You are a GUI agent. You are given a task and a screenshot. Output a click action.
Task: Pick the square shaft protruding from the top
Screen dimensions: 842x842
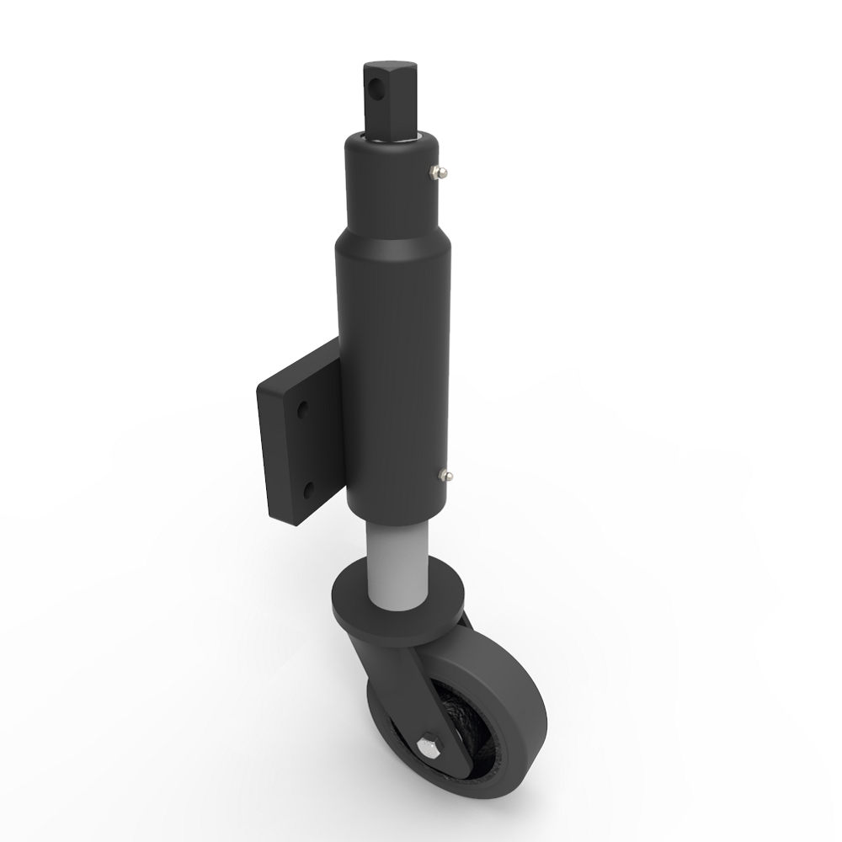click(389, 101)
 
